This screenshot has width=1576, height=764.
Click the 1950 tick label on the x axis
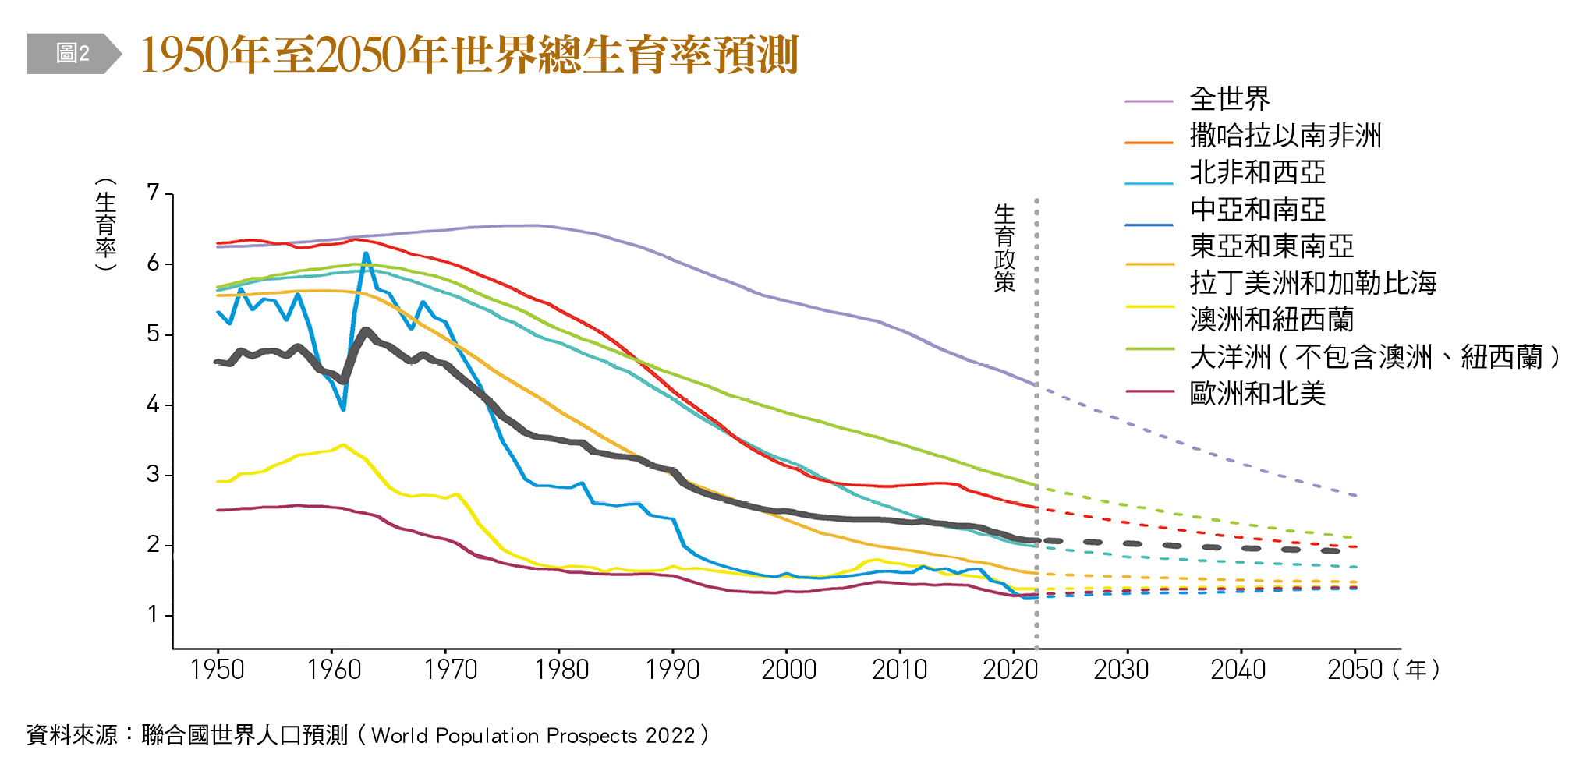click(218, 670)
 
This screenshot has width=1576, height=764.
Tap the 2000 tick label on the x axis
click(788, 670)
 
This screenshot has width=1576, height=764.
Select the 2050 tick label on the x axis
click(1355, 670)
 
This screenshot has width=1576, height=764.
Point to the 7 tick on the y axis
click(153, 193)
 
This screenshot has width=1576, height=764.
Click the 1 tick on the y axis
click(153, 615)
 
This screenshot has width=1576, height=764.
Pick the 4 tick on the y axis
click(153, 405)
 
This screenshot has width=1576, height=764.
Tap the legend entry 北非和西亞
click(1257, 172)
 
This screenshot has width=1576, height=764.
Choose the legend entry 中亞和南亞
click(1257, 210)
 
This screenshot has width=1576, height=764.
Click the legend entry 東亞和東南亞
click(1271, 246)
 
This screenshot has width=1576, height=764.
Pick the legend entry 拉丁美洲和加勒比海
click(1312, 283)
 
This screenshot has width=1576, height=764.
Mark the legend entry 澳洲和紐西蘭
click(1271, 320)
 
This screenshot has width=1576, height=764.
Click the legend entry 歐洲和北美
click(1257, 394)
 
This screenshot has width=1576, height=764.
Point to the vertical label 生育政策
click(1004, 248)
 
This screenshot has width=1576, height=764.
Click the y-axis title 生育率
click(105, 225)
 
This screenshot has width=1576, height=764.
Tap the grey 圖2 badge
click(73, 54)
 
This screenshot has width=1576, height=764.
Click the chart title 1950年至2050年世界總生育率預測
click(469, 55)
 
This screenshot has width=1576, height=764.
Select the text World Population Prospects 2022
click(533, 736)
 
